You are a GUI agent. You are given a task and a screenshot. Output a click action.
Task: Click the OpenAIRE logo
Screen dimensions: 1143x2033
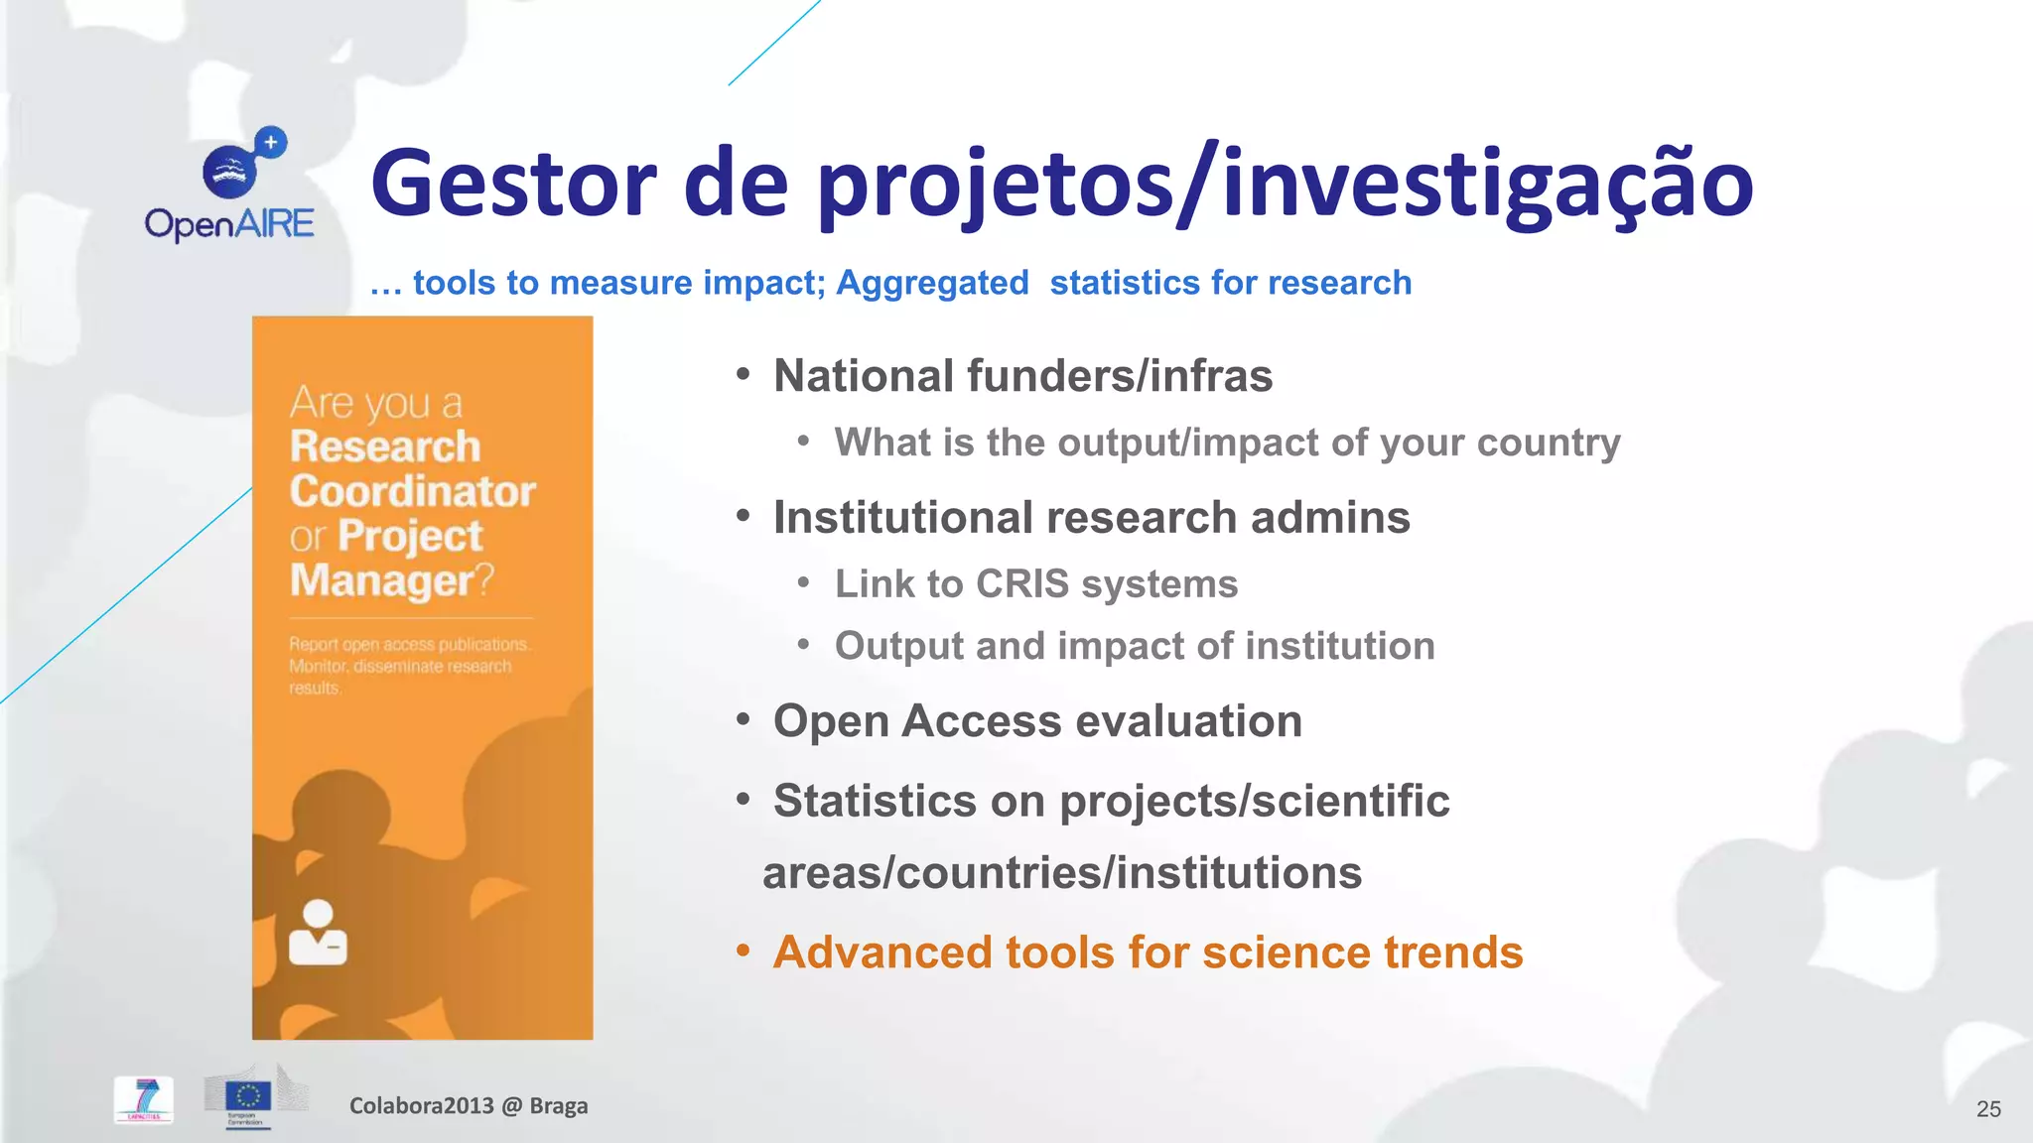229,186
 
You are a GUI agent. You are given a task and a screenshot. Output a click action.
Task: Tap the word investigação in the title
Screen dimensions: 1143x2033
1487,184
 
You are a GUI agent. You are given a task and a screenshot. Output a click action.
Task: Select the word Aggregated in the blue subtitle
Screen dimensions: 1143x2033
932,283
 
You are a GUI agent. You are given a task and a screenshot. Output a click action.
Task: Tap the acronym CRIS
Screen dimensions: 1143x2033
1021,584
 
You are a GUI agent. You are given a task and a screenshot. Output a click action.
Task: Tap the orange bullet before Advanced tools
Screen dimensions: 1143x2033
743,952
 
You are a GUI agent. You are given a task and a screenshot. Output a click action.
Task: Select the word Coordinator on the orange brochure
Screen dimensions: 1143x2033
412,491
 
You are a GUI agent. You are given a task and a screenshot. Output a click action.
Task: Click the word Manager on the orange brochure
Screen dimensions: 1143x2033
382,580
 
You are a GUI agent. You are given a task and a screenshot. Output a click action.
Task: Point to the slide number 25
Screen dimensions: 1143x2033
1988,1109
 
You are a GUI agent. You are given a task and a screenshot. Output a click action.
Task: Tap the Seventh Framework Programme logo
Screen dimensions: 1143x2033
144,1099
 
